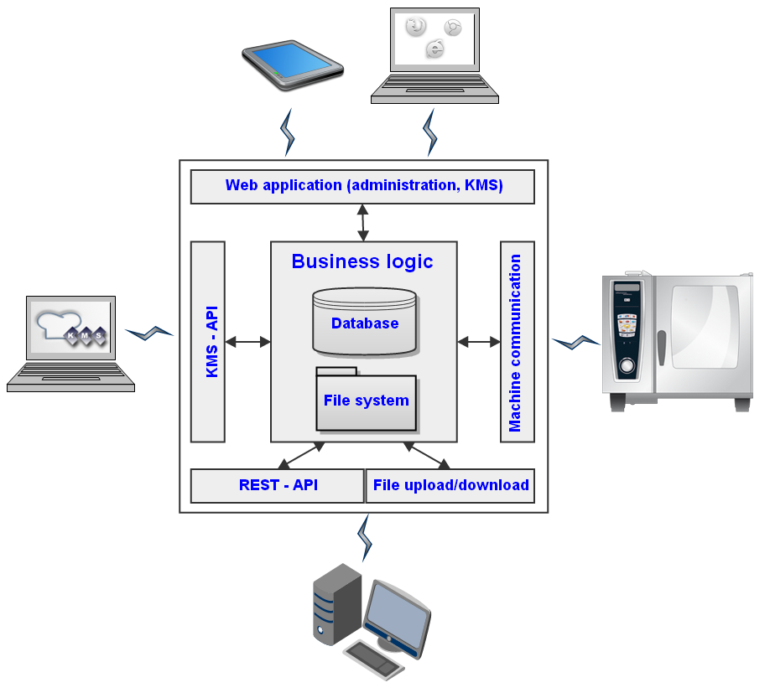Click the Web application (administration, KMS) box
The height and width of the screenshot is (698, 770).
pyautogui.click(x=362, y=186)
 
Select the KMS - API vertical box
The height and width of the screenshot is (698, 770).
pyautogui.click(x=208, y=341)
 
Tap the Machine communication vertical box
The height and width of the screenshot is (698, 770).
pyautogui.click(x=517, y=341)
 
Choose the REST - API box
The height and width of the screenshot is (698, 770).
pyautogui.click(x=278, y=485)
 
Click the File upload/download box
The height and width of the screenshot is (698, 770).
pyautogui.click(x=450, y=485)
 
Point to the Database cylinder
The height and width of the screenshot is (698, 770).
pyautogui.click(x=364, y=322)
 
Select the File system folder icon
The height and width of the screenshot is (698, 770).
pyautogui.click(x=366, y=400)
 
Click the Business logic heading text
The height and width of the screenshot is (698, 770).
pyautogui.click(x=362, y=261)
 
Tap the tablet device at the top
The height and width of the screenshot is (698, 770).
pyautogui.click(x=293, y=64)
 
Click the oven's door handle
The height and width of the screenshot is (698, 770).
pyautogui.click(x=661, y=348)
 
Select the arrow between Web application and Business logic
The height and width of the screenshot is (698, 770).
pyautogui.click(x=362, y=222)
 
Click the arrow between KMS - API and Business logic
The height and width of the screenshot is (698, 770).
pyautogui.click(x=247, y=341)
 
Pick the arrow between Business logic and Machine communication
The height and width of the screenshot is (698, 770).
pyautogui.click(x=479, y=341)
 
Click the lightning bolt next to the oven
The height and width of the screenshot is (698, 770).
pyautogui.click(x=576, y=341)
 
